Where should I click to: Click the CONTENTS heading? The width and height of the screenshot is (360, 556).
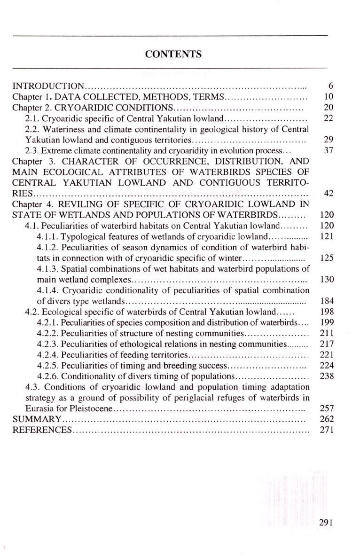[x=173, y=54]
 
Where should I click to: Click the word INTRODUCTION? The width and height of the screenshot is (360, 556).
[x=48, y=86]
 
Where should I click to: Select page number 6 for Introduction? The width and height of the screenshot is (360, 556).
[x=331, y=86]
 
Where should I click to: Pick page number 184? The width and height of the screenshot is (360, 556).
[x=326, y=301]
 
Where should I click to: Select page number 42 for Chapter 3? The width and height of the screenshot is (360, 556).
[x=329, y=194]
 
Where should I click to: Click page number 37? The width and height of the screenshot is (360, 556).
[x=329, y=151]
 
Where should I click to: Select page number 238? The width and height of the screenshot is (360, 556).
[x=326, y=376]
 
